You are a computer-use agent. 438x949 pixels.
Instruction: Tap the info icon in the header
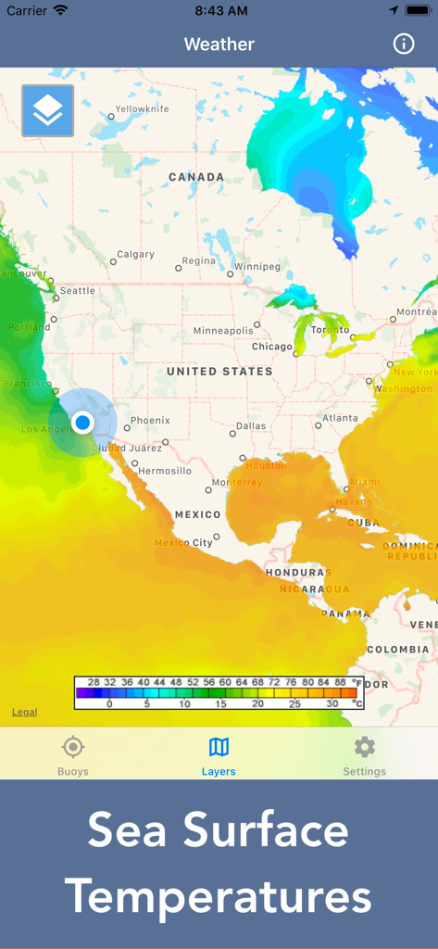[404, 44]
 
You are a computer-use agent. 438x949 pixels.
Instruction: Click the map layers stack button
[47, 111]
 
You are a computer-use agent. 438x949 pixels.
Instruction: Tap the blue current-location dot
[82, 423]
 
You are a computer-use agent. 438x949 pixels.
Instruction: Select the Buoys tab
[73, 755]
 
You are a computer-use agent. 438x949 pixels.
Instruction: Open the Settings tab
[364, 755]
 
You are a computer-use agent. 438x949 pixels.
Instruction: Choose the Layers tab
[219, 755]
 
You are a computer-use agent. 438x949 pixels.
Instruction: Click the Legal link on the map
[24, 712]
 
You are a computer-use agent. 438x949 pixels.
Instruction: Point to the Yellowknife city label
[142, 109]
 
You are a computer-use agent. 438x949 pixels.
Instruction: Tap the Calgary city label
[135, 255]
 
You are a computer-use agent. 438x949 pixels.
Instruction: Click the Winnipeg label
[257, 267]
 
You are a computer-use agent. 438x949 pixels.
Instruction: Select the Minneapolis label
[223, 331]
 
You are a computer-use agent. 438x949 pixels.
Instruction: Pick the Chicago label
[271, 347]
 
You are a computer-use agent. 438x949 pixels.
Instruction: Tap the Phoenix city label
[150, 421]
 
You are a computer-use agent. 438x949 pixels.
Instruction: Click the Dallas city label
[250, 426]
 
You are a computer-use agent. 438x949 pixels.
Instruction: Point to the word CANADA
[195, 177]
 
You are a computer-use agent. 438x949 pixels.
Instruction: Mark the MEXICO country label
[197, 514]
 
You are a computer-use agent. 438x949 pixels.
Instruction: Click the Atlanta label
[340, 418]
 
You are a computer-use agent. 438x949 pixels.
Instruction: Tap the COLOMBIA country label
[397, 650]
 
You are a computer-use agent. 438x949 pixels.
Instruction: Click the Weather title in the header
[219, 44]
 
